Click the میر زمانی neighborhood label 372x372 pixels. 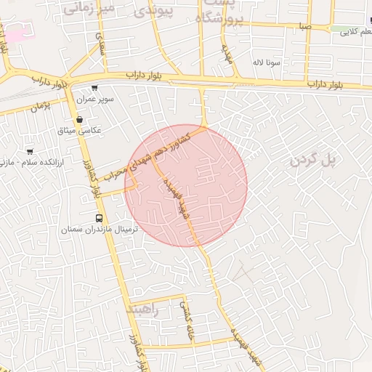click(x=89, y=7)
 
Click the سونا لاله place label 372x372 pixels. click(x=267, y=62)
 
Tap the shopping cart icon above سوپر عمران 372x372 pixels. click(x=94, y=87)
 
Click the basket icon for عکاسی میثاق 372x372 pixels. click(x=79, y=119)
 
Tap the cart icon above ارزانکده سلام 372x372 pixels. click(x=30, y=151)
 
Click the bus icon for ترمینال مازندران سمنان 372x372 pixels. click(x=99, y=218)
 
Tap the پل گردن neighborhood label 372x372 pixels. click(x=315, y=160)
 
